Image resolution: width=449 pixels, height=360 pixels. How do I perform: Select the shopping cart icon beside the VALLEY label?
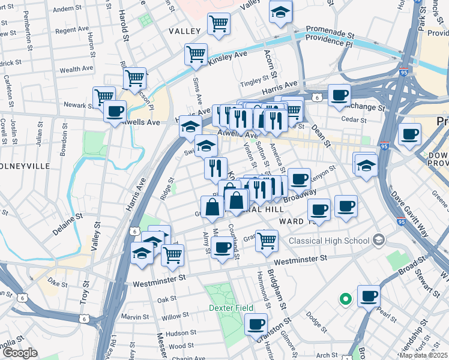(219, 24)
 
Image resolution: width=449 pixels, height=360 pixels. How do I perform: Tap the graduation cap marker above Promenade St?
(280, 12)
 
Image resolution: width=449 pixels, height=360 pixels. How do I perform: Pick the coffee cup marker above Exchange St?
(339, 95)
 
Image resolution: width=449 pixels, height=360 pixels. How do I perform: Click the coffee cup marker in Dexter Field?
(256, 324)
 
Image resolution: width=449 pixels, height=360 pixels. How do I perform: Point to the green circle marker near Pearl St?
(345, 298)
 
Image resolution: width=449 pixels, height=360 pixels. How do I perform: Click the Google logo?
(20, 353)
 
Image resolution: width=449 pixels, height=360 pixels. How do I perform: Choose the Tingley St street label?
(253, 80)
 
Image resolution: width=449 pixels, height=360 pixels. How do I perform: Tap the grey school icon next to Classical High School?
(378, 241)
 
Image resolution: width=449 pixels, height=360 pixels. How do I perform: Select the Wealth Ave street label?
(76, 69)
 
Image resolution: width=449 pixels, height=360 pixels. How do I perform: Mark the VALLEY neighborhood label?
(185, 31)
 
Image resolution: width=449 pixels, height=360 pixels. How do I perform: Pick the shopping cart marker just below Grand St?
(267, 241)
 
